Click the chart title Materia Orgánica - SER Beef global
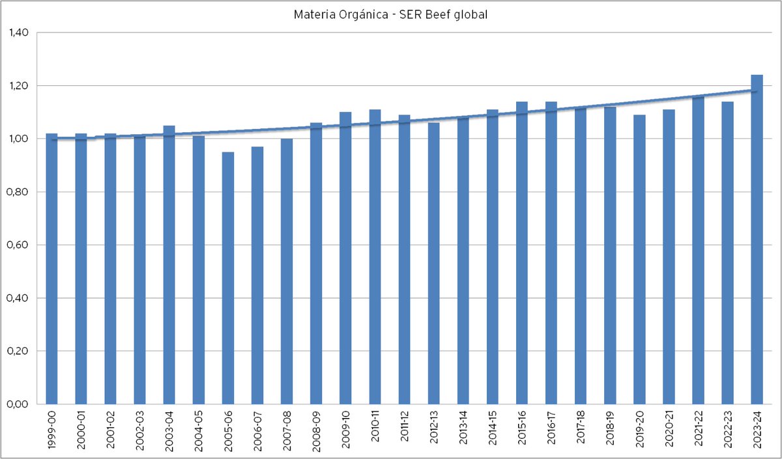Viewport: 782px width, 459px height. pos(390,14)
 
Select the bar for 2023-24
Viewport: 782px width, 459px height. pos(757,240)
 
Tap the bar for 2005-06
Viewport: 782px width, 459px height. pos(228,278)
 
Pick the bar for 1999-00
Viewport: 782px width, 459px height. pos(51,268)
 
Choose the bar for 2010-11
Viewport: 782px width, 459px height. pos(375,257)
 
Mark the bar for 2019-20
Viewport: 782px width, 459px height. pos(639,260)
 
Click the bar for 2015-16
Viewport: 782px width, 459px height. pos(522,253)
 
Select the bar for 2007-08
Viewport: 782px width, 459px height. pos(287,271)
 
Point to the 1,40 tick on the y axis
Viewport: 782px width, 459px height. pos(19,33)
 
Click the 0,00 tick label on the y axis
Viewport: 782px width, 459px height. pos(18,404)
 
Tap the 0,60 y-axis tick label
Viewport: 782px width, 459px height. pos(18,245)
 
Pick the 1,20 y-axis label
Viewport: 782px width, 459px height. pos(19,85)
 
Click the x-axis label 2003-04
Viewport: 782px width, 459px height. pos(169,430)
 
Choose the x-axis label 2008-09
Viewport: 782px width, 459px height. pos(316,431)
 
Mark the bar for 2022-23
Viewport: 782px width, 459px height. pos(727,253)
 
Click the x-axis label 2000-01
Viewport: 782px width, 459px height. pos(81,430)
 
